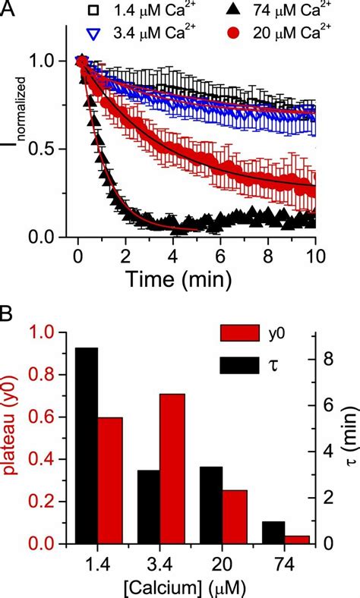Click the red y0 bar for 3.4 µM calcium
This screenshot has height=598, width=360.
pyautogui.click(x=172, y=468)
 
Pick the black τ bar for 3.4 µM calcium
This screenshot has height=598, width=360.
pyautogui.click(x=148, y=506)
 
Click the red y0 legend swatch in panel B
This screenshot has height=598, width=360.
pyautogui.click(x=236, y=335)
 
